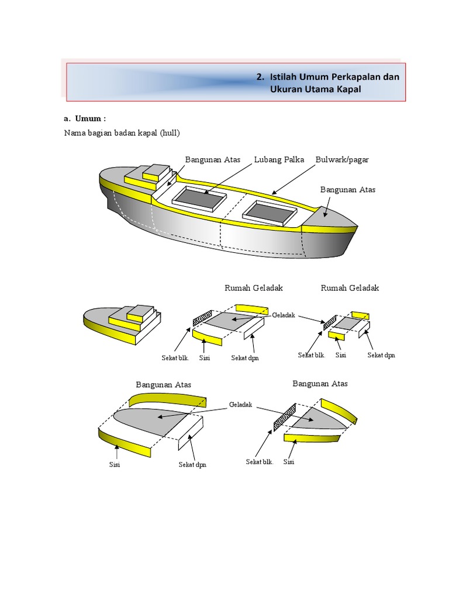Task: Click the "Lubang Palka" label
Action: (x=279, y=159)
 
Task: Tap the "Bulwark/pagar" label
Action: (x=342, y=159)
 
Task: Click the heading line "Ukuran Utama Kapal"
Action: (x=316, y=89)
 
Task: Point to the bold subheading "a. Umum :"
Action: (x=85, y=119)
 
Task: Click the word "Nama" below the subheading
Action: (x=74, y=133)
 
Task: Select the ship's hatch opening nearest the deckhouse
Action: (x=199, y=199)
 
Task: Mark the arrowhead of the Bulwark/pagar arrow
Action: (x=272, y=193)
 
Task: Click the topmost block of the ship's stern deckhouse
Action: (x=156, y=171)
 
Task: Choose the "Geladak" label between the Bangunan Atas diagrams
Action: (x=240, y=405)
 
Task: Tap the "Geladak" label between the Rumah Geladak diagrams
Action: (x=284, y=314)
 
